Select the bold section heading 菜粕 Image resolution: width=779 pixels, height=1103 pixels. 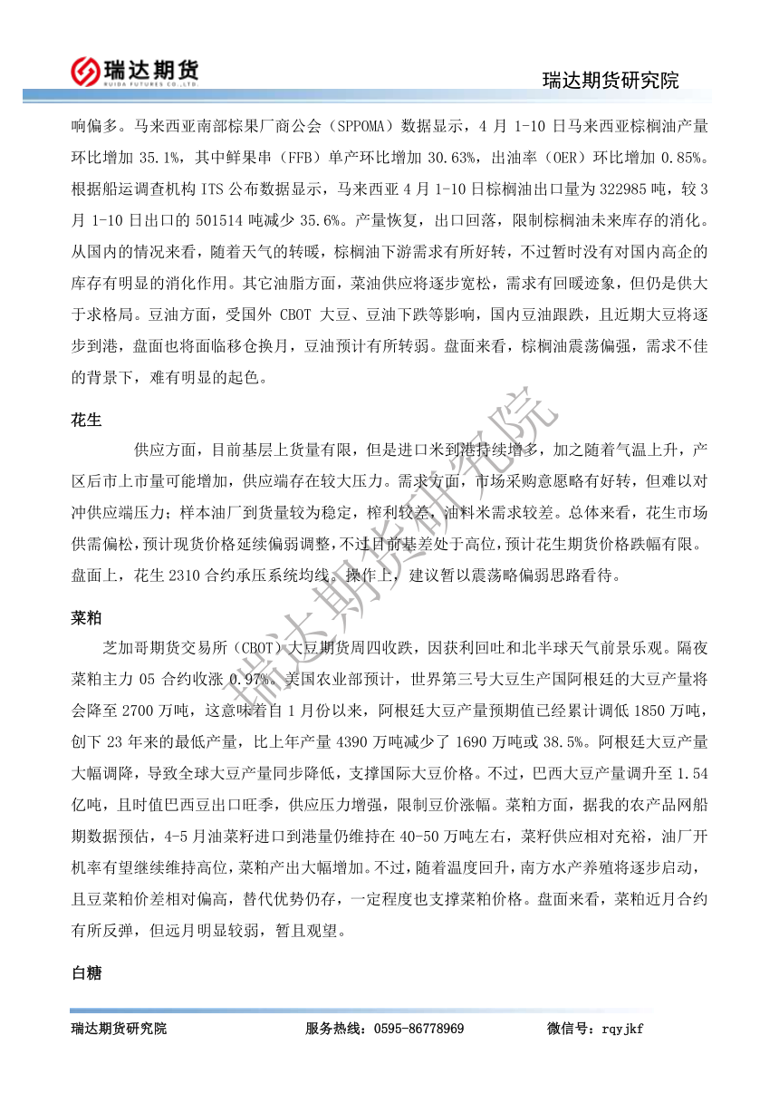(86, 618)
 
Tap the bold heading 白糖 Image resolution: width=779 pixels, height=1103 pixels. (86, 973)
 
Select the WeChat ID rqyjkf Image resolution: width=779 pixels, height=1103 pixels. (622, 1029)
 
